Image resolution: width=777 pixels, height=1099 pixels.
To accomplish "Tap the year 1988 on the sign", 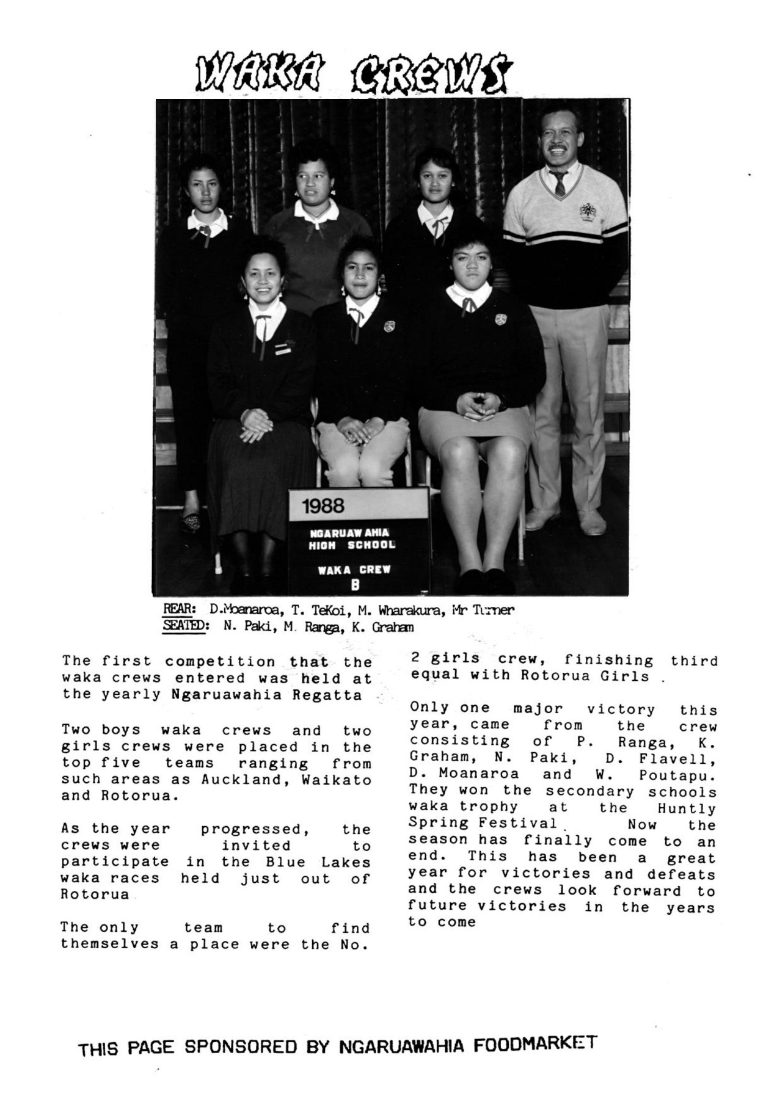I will click(x=323, y=506).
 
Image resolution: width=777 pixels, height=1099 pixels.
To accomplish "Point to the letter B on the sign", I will click(x=355, y=585).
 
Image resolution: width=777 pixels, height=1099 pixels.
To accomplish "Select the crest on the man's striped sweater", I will click(x=588, y=212).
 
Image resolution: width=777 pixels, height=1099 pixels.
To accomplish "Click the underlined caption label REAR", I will click(x=178, y=609).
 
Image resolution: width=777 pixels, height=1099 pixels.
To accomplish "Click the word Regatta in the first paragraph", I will click(x=335, y=695).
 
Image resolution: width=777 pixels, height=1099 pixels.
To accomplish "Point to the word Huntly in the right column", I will click(x=686, y=809).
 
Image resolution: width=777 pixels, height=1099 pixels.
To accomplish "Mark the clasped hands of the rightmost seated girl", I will click(x=478, y=404).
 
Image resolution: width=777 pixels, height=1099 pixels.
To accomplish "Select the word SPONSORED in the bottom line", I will click(x=240, y=1047).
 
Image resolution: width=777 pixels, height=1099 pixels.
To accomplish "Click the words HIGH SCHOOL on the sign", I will click(x=351, y=545).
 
